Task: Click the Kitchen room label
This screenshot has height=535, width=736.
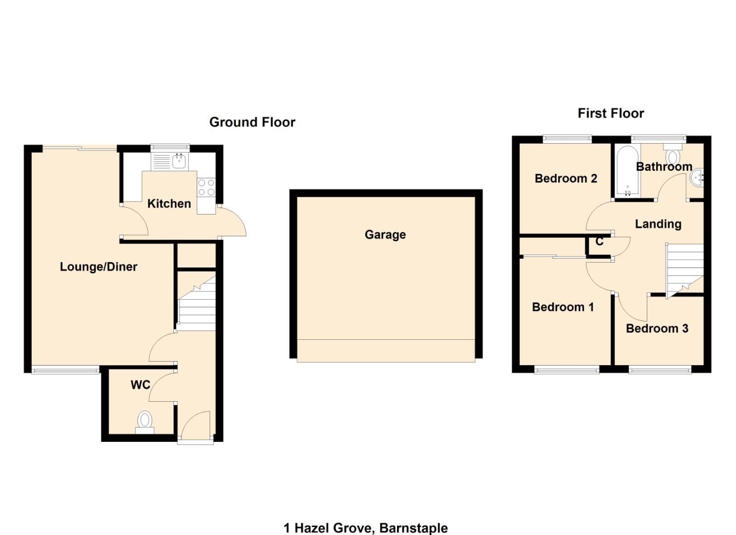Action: click(x=169, y=204)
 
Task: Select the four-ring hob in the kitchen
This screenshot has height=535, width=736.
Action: click(x=206, y=188)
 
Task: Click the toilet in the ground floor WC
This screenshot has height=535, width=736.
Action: click(x=145, y=421)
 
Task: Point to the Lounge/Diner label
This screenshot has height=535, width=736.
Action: click(x=98, y=267)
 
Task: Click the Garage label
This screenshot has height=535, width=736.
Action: click(x=385, y=235)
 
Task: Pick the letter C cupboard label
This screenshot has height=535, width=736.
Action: click(x=599, y=242)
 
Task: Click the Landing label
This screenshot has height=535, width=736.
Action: click(x=658, y=224)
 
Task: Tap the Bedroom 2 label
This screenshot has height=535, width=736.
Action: click(x=566, y=178)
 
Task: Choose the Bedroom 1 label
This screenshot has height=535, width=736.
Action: click(x=563, y=307)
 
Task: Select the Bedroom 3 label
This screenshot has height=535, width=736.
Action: click(x=657, y=328)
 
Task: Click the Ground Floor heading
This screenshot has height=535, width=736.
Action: click(x=252, y=122)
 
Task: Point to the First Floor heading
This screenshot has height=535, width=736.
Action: click(x=611, y=113)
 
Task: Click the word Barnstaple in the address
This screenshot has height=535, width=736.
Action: click(x=413, y=528)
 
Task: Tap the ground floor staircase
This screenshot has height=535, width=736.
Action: click(x=197, y=305)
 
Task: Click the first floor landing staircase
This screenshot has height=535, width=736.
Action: click(x=684, y=270)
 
